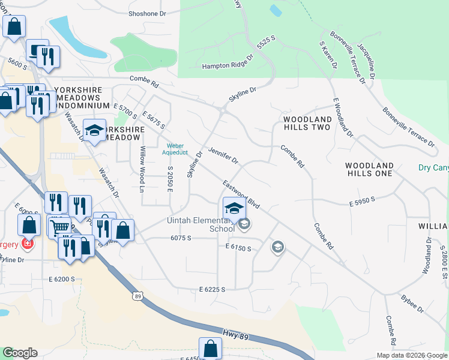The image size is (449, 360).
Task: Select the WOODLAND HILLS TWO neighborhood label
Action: [x=307, y=124]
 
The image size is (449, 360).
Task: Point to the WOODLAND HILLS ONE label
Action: [x=369, y=169]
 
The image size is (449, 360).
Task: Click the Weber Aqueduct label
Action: [x=175, y=149]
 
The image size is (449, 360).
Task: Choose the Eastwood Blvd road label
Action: [x=241, y=194]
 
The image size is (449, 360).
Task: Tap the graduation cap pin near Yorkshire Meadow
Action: [x=94, y=131]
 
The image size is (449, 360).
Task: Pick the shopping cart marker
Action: [x=59, y=227]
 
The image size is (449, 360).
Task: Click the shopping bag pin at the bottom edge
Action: [x=210, y=348]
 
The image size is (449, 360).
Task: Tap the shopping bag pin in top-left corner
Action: [x=14, y=26]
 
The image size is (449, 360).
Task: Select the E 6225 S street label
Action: [x=212, y=290]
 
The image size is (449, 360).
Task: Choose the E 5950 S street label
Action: [x=362, y=205]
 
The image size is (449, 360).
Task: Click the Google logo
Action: [x=20, y=353]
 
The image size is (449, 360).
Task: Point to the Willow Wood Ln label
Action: [x=143, y=169]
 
